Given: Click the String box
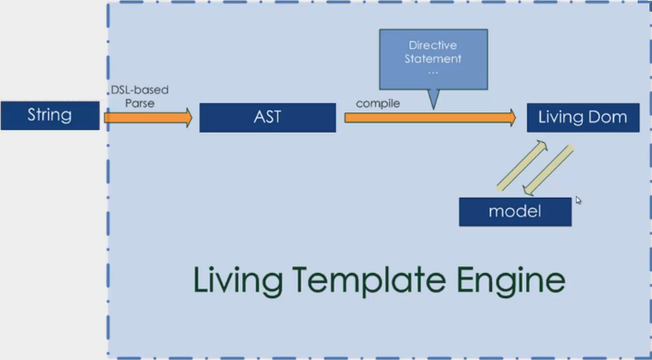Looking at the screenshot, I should [x=50, y=116].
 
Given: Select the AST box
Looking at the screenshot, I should [x=267, y=117].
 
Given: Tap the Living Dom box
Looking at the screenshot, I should [x=583, y=117].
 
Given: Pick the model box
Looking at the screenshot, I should [x=515, y=211].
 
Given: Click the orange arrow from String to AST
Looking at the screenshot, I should [x=148, y=117].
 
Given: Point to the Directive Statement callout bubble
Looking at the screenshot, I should [x=434, y=58].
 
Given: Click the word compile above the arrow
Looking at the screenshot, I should [x=378, y=103].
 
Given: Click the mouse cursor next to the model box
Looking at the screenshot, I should [x=579, y=201].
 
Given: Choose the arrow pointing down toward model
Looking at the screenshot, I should [x=548, y=170].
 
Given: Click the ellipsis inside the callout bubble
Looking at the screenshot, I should [x=433, y=73].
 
